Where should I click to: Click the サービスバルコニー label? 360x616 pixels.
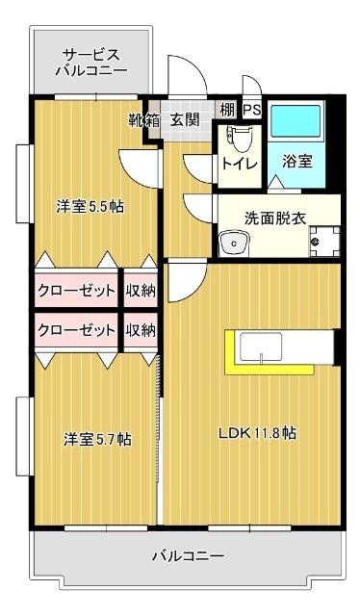pyautogui.click(x=91, y=62)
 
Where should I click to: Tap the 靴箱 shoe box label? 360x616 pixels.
pyautogui.click(x=144, y=120)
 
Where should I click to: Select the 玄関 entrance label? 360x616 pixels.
pyautogui.click(x=185, y=120)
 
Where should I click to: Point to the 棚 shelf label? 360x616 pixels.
pyautogui.click(x=227, y=111)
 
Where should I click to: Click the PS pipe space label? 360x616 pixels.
pyautogui.click(x=251, y=111)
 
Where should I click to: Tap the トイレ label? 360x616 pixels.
pyautogui.click(x=239, y=163)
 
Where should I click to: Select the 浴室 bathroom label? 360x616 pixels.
pyautogui.click(x=296, y=162)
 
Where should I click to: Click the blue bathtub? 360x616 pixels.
pyautogui.click(x=296, y=122)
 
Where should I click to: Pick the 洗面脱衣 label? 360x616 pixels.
pyautogui.click(x=275, y=218)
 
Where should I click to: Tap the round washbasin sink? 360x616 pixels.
pyautogui.click(x=232, y=244)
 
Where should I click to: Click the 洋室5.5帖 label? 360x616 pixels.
pyautogui.click(x=90, y=206)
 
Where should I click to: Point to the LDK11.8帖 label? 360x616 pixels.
pyautogui.click(x=255, y=433)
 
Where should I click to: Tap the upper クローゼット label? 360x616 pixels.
pyautogui.click(x=77, y=291)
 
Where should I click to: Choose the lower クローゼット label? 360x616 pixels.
pyautogui.click(x=77, y=329)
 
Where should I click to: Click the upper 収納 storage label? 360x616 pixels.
pyautogui.click(x=141, y=291)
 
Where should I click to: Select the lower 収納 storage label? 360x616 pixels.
pyautogui.click(x=141, y=329)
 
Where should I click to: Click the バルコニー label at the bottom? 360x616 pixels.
pyautogui.click(x=188, y=556)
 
